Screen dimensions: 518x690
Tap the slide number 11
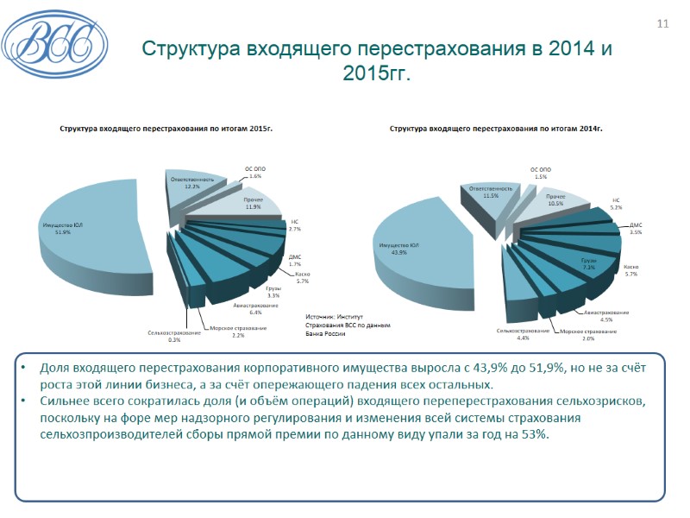662,23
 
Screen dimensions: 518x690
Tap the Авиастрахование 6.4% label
255,308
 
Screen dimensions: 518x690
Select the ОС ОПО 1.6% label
254,172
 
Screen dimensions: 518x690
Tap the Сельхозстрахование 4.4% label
524,333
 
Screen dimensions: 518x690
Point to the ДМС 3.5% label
636,228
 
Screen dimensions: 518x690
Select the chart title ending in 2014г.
496,129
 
